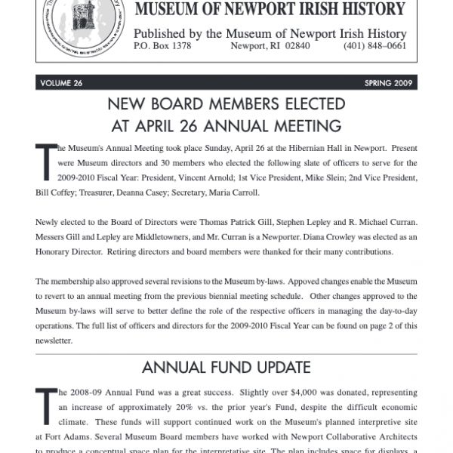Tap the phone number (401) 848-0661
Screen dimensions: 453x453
coord(376,46)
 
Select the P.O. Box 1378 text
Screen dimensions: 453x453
coord(162,46)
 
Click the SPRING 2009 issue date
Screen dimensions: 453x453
coord(387,83)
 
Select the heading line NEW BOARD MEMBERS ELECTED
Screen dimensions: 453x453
coord(226,104)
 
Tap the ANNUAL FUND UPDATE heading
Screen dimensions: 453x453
coord(226,368)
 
